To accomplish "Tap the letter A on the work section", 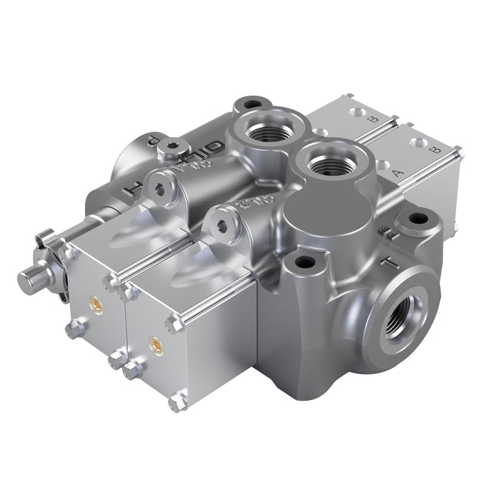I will coord(397,174).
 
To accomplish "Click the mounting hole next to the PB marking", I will coord(418,219).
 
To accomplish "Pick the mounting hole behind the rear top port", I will coord(250,104).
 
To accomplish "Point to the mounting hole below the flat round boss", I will coord(305,262).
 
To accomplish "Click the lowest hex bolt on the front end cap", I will coord(177,401).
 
